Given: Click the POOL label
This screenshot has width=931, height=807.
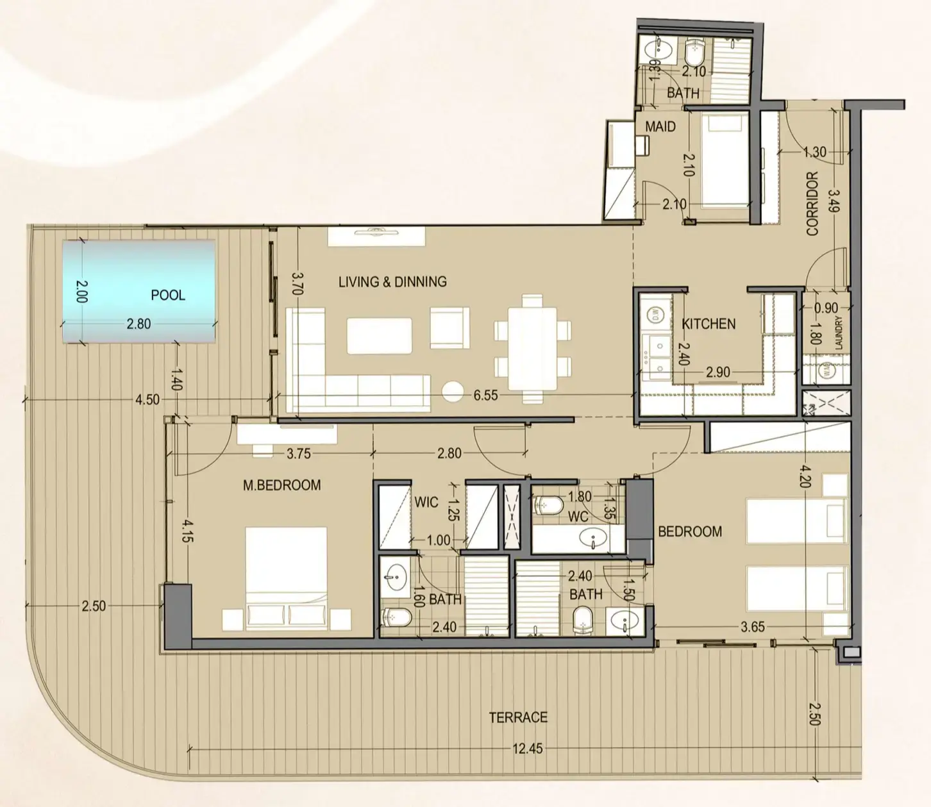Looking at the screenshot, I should (167, 295).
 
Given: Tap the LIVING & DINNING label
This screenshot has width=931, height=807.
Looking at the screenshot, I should (392, 281).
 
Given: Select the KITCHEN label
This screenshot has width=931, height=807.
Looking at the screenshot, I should (709, 324).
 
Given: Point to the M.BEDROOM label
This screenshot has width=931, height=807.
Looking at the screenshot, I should (281, 485).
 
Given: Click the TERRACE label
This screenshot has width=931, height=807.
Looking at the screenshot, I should (518, 717).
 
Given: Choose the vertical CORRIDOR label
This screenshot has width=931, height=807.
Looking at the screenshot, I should (812, 203).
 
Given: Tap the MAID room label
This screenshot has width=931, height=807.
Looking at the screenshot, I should (660, 127).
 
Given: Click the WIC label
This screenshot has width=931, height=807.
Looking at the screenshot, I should (426, 502).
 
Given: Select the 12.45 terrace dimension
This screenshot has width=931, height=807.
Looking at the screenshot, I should (527, 748).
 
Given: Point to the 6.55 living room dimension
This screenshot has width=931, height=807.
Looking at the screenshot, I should (485, 395).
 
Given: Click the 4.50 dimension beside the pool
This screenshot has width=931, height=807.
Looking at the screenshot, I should (147, 399).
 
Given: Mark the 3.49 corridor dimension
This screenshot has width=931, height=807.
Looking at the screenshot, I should (834, 200).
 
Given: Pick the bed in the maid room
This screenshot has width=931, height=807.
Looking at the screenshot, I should (724, 160).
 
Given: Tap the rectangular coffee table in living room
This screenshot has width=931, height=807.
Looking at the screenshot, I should (379, 336).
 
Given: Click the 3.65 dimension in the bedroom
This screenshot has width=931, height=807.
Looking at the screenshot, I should (752, 627).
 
